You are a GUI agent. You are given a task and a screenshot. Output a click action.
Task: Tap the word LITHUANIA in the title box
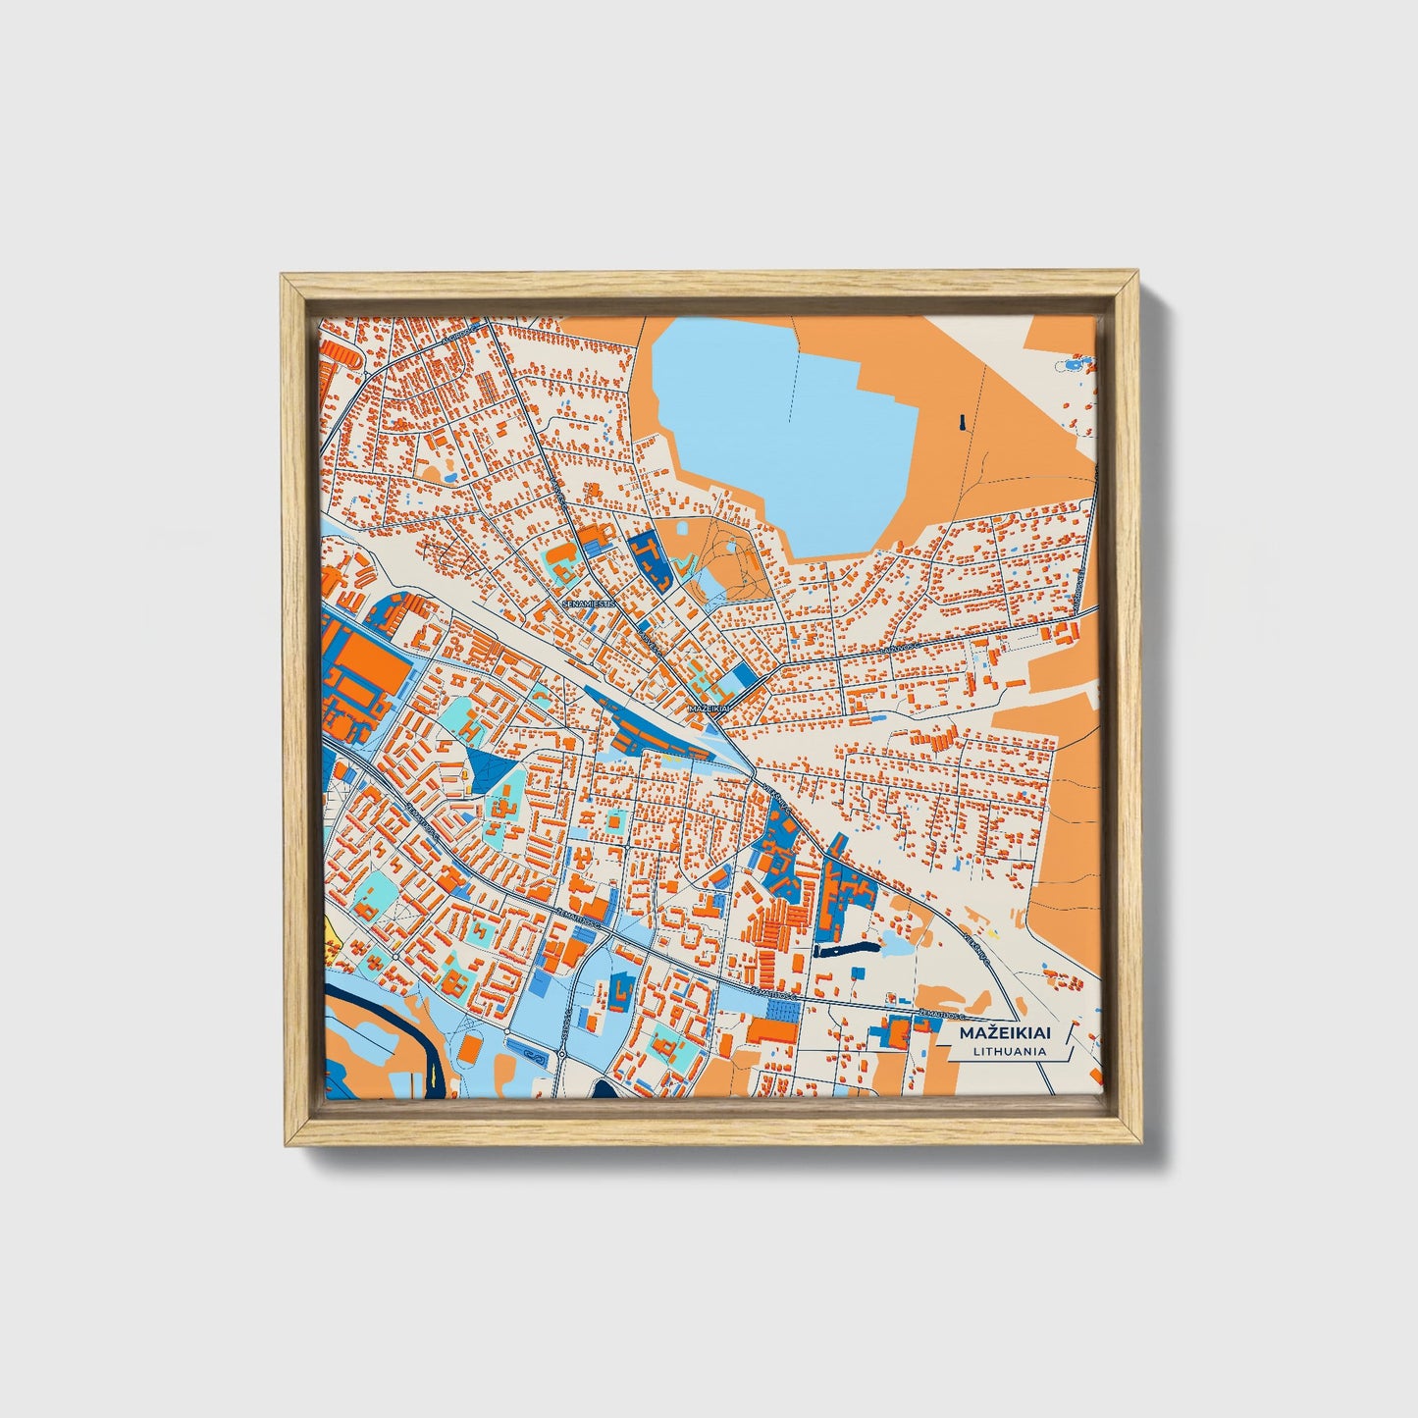click(1009, 1051)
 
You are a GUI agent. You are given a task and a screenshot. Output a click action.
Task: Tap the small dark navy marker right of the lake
click(963, 423)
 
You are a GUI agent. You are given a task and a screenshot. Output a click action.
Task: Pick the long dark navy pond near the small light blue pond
click(843, 950)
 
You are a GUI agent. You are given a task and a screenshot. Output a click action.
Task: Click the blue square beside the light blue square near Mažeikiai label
click(746, 676)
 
